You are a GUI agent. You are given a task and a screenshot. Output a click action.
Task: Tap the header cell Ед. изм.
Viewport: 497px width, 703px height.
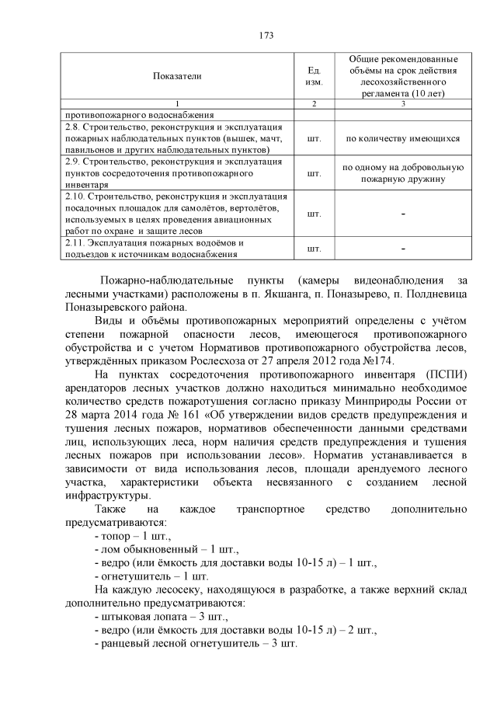click(x=314, y=76)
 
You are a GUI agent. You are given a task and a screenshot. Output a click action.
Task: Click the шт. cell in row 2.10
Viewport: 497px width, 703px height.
click(x=314, y=214)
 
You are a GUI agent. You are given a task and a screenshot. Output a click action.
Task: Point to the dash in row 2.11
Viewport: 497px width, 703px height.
click(x=402, y=249)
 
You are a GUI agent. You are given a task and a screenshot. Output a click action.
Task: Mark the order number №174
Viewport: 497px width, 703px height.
click(x=381, y=360)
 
